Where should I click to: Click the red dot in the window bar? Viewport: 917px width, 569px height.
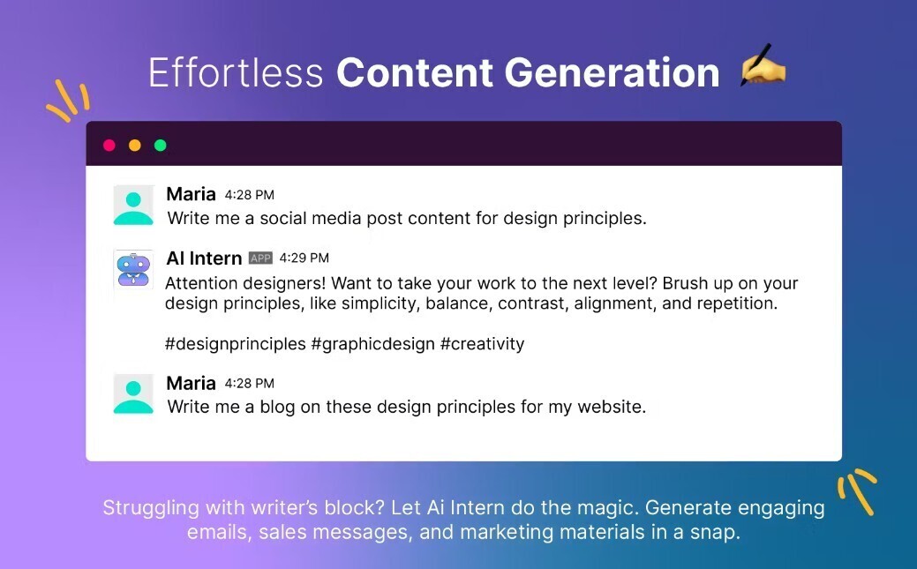(109, 145)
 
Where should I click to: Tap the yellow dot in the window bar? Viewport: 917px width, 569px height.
(134, 145)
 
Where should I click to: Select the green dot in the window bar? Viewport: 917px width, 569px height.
(161, 145)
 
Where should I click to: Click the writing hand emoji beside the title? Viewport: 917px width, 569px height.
(763, 65)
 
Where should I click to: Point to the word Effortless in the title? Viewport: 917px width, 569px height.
(236, 72)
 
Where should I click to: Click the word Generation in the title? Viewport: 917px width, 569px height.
(612, 72)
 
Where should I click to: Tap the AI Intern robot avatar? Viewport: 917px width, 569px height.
(134, 270)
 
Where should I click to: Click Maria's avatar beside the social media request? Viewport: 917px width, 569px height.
(133, 206)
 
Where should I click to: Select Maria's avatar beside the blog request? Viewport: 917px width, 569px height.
(133, 394)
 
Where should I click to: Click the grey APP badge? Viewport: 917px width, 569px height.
(261, 258)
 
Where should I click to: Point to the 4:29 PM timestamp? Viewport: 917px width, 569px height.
(304, 258)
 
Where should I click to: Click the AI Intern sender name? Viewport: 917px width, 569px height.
(204, 258)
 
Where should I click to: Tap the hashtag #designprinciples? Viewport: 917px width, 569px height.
(235, 344)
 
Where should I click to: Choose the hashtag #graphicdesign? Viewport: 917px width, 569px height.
(373, 344)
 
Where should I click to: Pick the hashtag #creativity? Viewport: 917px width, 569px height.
(483, 344)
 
